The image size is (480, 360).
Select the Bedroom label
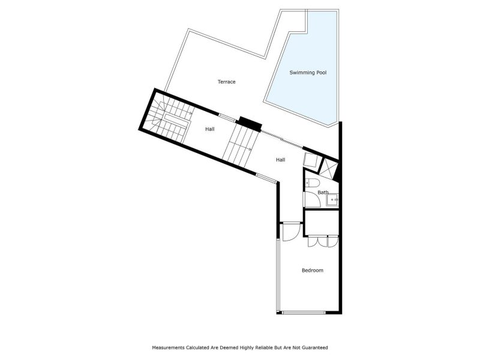point(312,270)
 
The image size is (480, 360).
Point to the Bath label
point(323,192)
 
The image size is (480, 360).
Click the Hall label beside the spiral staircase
point(210,128)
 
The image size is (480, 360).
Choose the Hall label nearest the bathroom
point(280,160)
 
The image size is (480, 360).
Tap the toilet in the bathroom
point(310,184)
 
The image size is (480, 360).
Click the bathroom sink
point(332,199)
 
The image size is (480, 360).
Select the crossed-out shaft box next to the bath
point(329,166)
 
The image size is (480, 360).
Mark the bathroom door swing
point(312,200)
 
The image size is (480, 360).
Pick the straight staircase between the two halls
point(241,145)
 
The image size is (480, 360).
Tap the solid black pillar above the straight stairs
point(250,123)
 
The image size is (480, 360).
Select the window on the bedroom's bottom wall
point(304,312)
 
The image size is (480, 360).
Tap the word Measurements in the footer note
point(170,347)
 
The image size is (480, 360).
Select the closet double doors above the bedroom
point(322,241)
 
